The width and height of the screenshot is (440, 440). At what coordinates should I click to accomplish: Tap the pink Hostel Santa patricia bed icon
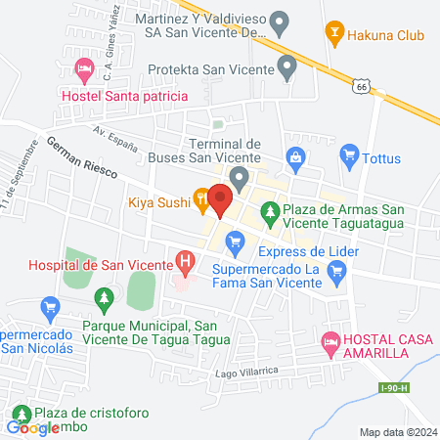(x=84, y=69)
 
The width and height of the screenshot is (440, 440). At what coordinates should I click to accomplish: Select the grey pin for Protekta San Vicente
(x=286, y=67)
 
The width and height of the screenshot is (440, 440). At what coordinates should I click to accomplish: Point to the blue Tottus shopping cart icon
(x=349, y=154)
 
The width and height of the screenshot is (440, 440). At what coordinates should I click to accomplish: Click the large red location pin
(x=220, y=199)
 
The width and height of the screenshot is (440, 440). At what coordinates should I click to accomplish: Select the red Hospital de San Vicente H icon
(x=183, y=261)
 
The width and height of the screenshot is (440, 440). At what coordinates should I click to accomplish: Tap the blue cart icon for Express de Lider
(x=235, y=240)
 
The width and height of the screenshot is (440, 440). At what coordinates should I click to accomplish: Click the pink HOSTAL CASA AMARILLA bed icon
(x=330, y=339)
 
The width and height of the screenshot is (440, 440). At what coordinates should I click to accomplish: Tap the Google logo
(x=33, y=427)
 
